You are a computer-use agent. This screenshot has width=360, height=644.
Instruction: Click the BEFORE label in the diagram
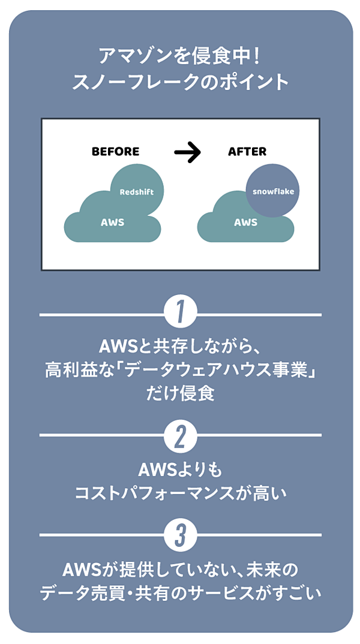[x=115, y=152]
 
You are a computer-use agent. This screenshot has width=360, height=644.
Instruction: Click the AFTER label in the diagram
[x=247, y=152]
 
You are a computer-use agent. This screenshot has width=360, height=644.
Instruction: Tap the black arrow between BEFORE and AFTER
[x=187, y=153]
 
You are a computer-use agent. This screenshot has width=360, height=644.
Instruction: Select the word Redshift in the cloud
[x=137, y=192]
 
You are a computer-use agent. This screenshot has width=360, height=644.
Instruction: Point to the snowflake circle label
[x=273, y=192]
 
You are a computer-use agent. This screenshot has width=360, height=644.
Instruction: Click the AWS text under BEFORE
[x=112, y=222]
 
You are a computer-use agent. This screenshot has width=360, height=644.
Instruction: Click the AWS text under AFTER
[x=245, y=222]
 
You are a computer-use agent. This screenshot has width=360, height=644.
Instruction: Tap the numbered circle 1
[x=181, y=314]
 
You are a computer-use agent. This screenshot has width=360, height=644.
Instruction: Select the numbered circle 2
[x=181, y=437]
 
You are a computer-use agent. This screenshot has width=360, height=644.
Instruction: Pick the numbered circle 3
[x=181, y=535]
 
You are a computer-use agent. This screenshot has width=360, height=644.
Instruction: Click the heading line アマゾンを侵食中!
[x=180, y=58]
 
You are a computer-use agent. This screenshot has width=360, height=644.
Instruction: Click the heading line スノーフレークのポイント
[x=180, y=82]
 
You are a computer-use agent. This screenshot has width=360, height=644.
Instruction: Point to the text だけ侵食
[x=180, y=394]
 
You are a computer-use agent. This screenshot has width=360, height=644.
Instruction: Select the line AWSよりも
[x=180, y=468]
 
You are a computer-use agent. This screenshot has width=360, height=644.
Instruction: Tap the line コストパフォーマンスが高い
[x=180, y=493]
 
